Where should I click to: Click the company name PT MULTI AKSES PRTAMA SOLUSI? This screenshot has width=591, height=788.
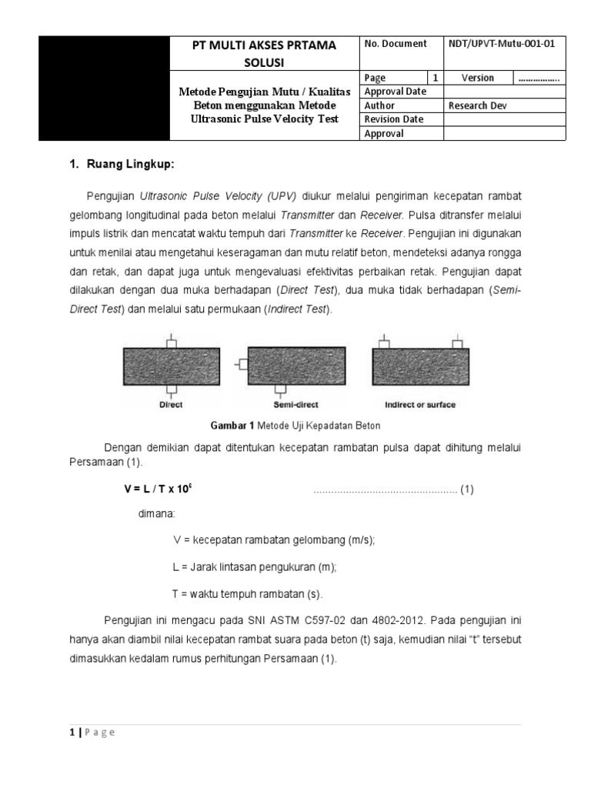click(263, 52)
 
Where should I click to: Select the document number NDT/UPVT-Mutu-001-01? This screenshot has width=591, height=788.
click(501, 44)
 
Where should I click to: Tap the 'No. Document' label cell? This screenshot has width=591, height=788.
click(395, 44)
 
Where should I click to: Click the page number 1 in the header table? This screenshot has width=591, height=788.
click(436, 78)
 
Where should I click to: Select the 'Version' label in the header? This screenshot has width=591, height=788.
click(477, 78)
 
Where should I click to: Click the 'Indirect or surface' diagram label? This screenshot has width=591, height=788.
click(420, 405)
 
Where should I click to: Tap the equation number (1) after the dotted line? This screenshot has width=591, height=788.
click(467, 490)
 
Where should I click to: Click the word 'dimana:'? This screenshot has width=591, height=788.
click(156, 514)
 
